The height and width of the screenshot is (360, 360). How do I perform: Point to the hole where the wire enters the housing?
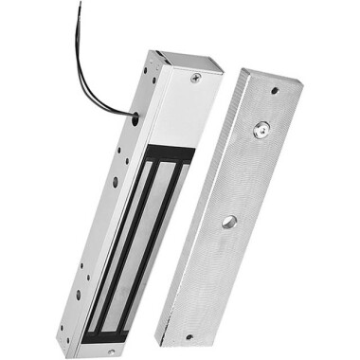click(x=135, y=119)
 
